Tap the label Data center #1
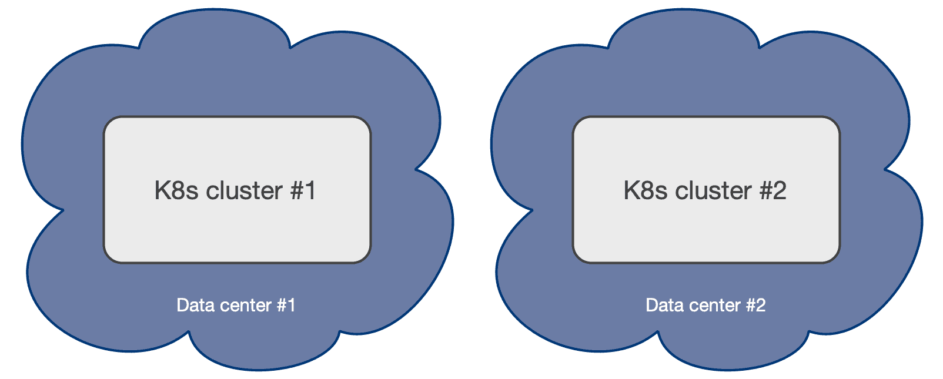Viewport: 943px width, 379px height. pyautogui.click(x=236, y=306)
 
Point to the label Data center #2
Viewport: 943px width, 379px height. pyautogui.click(x=705, y=306)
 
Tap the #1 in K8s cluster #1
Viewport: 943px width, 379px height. pyautogui.click(x=303, y=191)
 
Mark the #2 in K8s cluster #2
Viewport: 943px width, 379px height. pyautogui.click(x=773, y=191)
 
